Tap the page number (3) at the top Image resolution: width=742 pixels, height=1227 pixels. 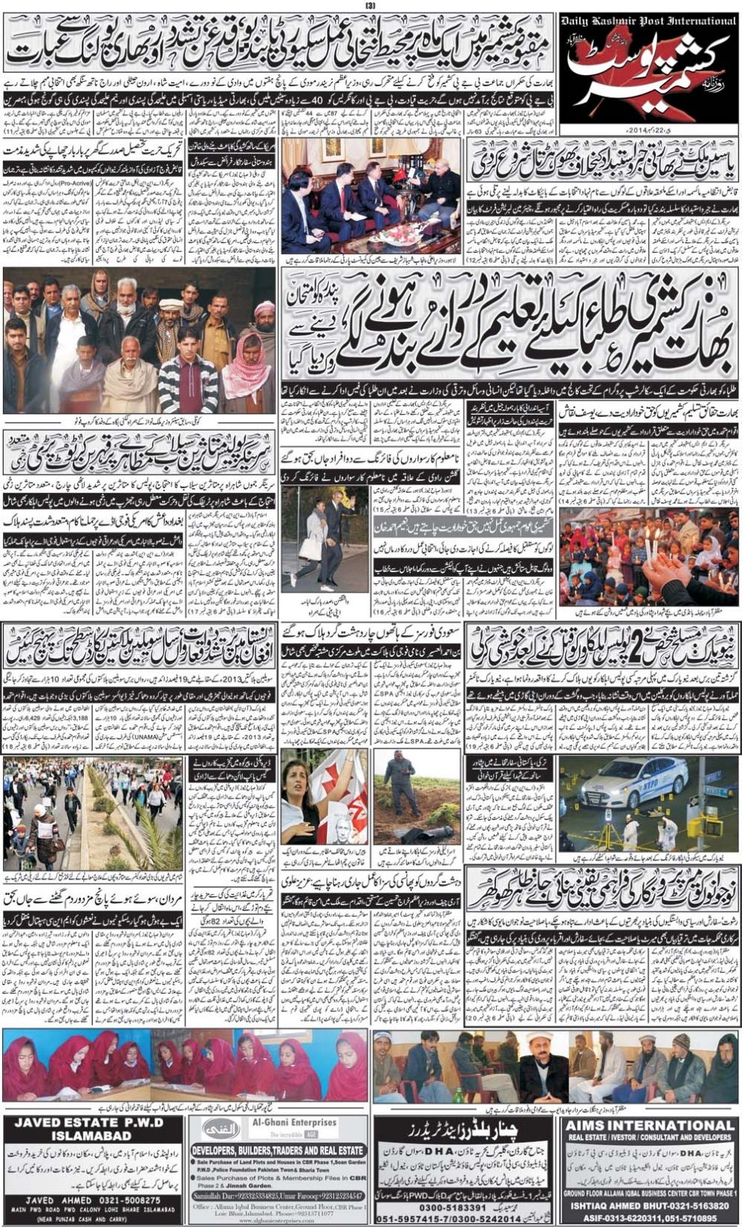click(370, 7)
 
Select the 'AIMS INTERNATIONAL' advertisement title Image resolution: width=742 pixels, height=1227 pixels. click(649, 1125)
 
